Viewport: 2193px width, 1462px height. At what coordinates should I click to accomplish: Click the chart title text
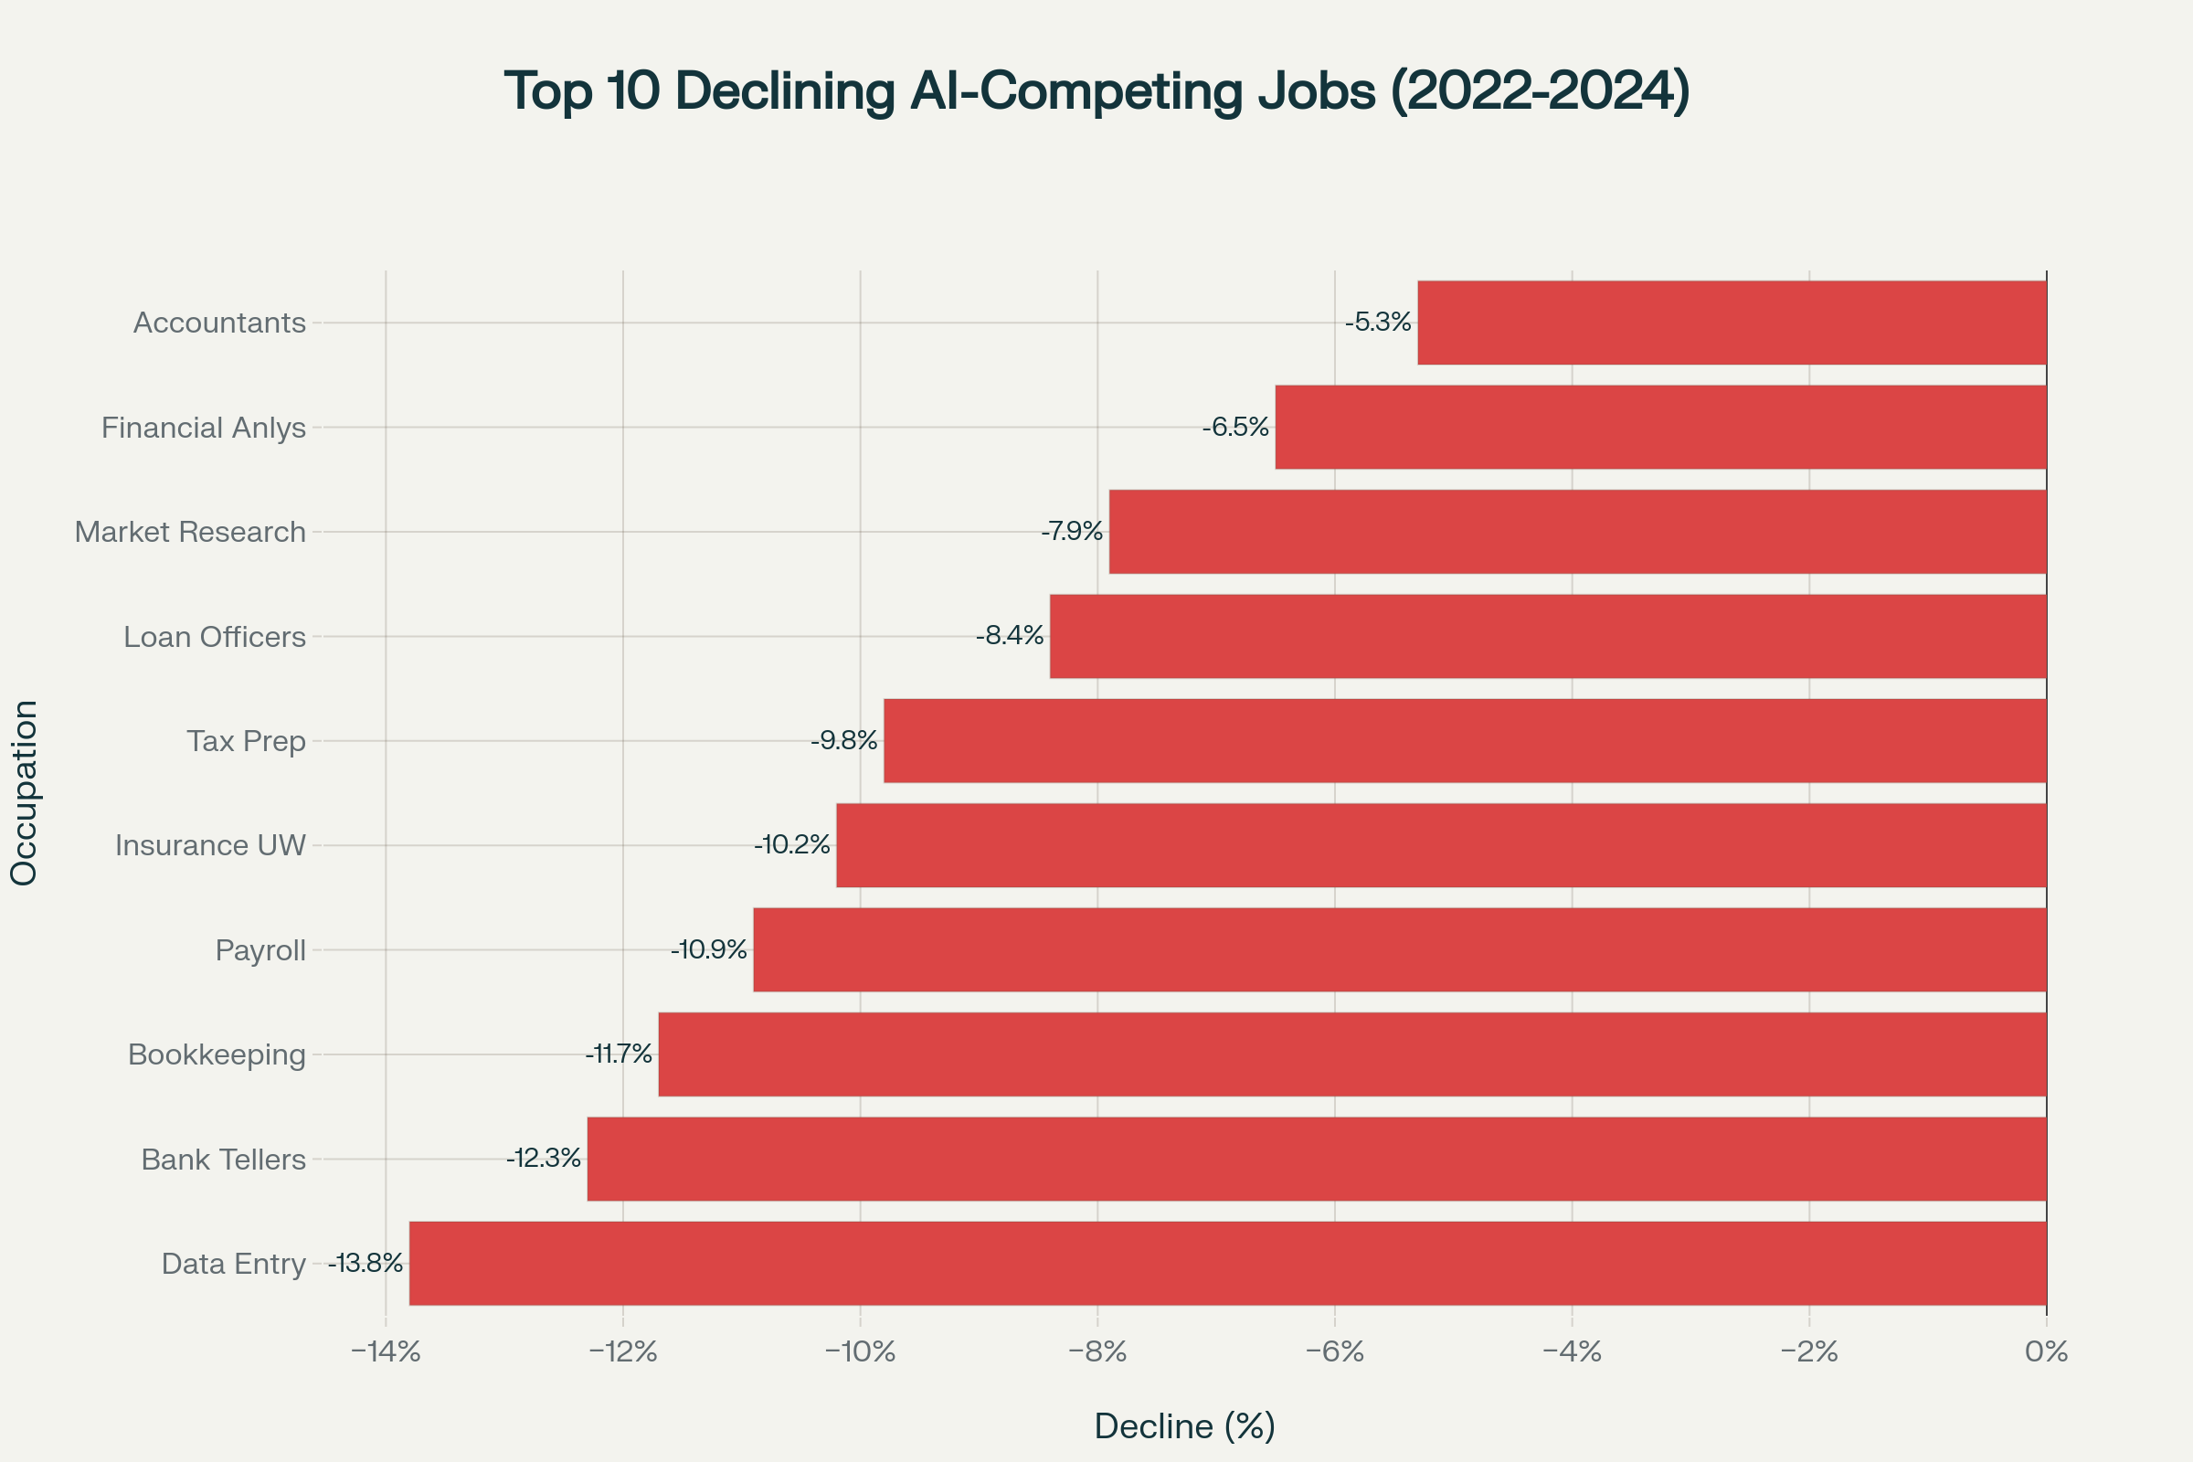coord(1096,91)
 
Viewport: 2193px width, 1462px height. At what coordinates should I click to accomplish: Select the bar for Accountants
coord(1732,323)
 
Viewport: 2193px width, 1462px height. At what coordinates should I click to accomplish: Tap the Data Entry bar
coord(1227,1264)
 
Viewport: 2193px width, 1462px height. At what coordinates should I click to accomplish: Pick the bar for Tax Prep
coord(1465,740)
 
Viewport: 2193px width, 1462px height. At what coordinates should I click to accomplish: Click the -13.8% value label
coord(365,1264)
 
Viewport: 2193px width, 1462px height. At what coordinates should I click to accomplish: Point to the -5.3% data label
coord(1378,323)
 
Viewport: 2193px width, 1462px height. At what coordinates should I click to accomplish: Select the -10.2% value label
coord(791,844)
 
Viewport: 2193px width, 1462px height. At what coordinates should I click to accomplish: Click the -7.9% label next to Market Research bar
coord(1072,532)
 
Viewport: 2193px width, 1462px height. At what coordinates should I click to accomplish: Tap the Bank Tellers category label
coord(223,1159)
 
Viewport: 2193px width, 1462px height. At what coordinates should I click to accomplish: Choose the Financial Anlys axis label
coord(203,427)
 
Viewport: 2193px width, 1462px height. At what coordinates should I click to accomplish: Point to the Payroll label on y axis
coord(260,950)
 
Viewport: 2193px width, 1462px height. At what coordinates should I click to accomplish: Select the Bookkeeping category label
coord(217,1054)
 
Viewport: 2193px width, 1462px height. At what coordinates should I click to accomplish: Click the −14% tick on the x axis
coord(385,1352)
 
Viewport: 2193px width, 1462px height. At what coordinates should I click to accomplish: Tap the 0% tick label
coord(2047,1352)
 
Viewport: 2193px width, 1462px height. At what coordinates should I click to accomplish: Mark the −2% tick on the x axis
coord(1809,1352)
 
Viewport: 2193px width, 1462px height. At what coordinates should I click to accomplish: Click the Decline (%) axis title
coord(1184,1425)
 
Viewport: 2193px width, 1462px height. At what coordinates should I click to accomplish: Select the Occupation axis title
coord(25,792)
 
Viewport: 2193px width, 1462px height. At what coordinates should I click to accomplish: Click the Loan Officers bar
coord(1548,636)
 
